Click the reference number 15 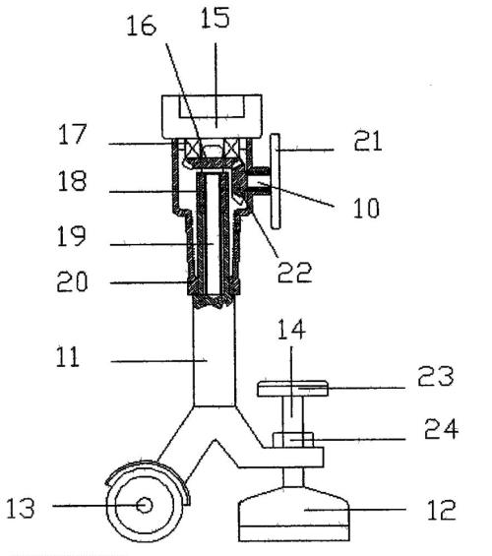[215, 18]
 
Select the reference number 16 [141, 26]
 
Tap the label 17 [72, 134]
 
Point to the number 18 [72, 181]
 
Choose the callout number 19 [71, 236]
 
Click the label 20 [72, 281]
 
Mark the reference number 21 [368, 141]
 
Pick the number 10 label [366, 208]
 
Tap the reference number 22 [294, 272]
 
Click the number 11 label [68, 357]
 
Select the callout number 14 [291, 330]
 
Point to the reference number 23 [436, 376]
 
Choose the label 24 [441, 429]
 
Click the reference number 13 [21, 508]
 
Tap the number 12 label [441, 510]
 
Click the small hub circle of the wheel [145, 505]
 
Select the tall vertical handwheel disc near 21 [276, 181]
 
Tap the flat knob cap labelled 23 [293, 389]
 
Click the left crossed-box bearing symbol [194, 148]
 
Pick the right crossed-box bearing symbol [231, 148]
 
